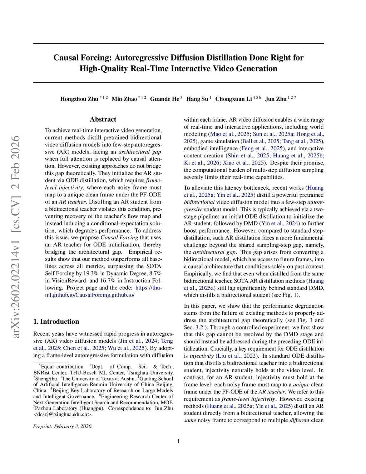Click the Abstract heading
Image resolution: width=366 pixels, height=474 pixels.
(x=103, y=119)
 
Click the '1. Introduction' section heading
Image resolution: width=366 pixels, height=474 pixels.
(x=56, y=322)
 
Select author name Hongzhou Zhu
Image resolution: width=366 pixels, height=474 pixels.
(x=79, y=99)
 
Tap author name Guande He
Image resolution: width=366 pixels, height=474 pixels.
(x=164, y=99)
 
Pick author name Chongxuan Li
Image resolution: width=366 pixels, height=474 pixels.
(x=233, y=99)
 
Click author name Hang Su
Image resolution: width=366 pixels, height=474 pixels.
(x=197, y=99)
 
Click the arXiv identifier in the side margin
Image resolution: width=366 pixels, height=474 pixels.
(x=16, y=236)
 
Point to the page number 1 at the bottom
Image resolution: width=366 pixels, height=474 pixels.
(x=178, y=441)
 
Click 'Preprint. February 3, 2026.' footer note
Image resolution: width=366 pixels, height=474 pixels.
(x=63, y=426)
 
